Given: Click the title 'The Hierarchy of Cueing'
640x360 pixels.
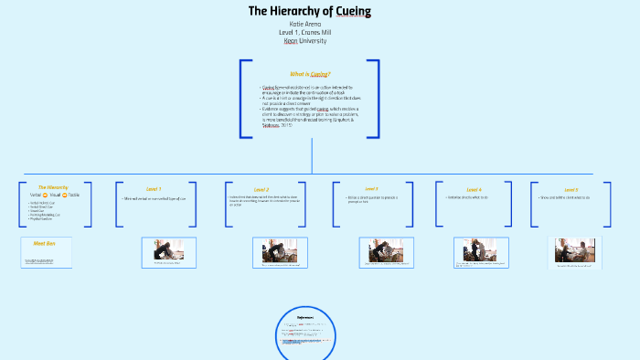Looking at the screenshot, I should click(310, 11).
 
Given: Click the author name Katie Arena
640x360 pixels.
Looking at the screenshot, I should click(310, 24).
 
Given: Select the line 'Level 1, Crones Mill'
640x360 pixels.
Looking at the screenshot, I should click(310, 32).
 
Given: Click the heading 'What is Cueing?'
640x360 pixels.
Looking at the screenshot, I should click(309, 73).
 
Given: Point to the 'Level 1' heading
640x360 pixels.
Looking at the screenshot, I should click(154, 189).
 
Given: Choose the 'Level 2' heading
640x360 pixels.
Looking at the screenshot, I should click(261, 189).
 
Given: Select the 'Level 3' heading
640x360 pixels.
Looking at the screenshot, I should click(370, 189).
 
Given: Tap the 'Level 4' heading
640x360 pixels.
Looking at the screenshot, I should click(474, 189).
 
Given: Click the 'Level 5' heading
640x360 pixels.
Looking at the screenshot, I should click(571, 189).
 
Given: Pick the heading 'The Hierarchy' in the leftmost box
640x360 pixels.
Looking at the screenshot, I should click(53, 187).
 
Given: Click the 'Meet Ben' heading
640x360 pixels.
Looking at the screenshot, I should click(45, 244).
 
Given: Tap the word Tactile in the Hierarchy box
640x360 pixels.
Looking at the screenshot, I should click(73, 195).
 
